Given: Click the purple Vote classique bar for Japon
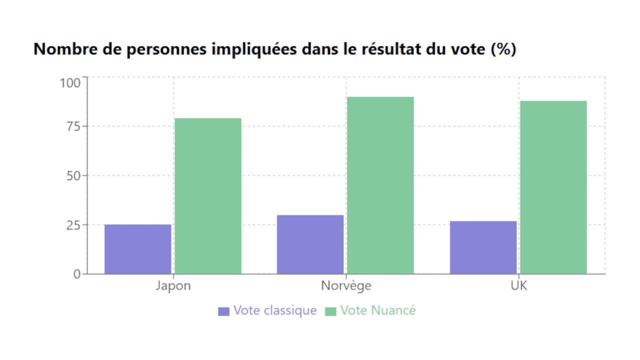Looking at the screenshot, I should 137,249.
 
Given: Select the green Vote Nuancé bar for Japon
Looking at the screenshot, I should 208,196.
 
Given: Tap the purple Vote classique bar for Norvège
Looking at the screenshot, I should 310,244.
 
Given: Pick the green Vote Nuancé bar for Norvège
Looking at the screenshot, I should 380,185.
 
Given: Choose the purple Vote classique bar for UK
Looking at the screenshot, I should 483,247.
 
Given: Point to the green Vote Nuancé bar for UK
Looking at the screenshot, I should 553,187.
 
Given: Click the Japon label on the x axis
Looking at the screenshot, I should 173,286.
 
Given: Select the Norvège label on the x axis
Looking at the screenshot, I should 346,286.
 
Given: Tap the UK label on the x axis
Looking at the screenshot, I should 518,286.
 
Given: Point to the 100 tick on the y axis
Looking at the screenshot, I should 69,82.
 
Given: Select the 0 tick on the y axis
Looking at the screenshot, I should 77,274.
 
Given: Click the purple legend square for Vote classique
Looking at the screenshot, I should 223,311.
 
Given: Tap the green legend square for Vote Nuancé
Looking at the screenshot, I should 330,311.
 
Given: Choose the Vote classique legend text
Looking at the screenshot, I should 274,310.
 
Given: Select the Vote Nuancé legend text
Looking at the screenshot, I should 378,310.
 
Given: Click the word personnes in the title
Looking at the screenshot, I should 159,50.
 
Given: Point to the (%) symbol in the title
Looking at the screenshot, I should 503,50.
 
